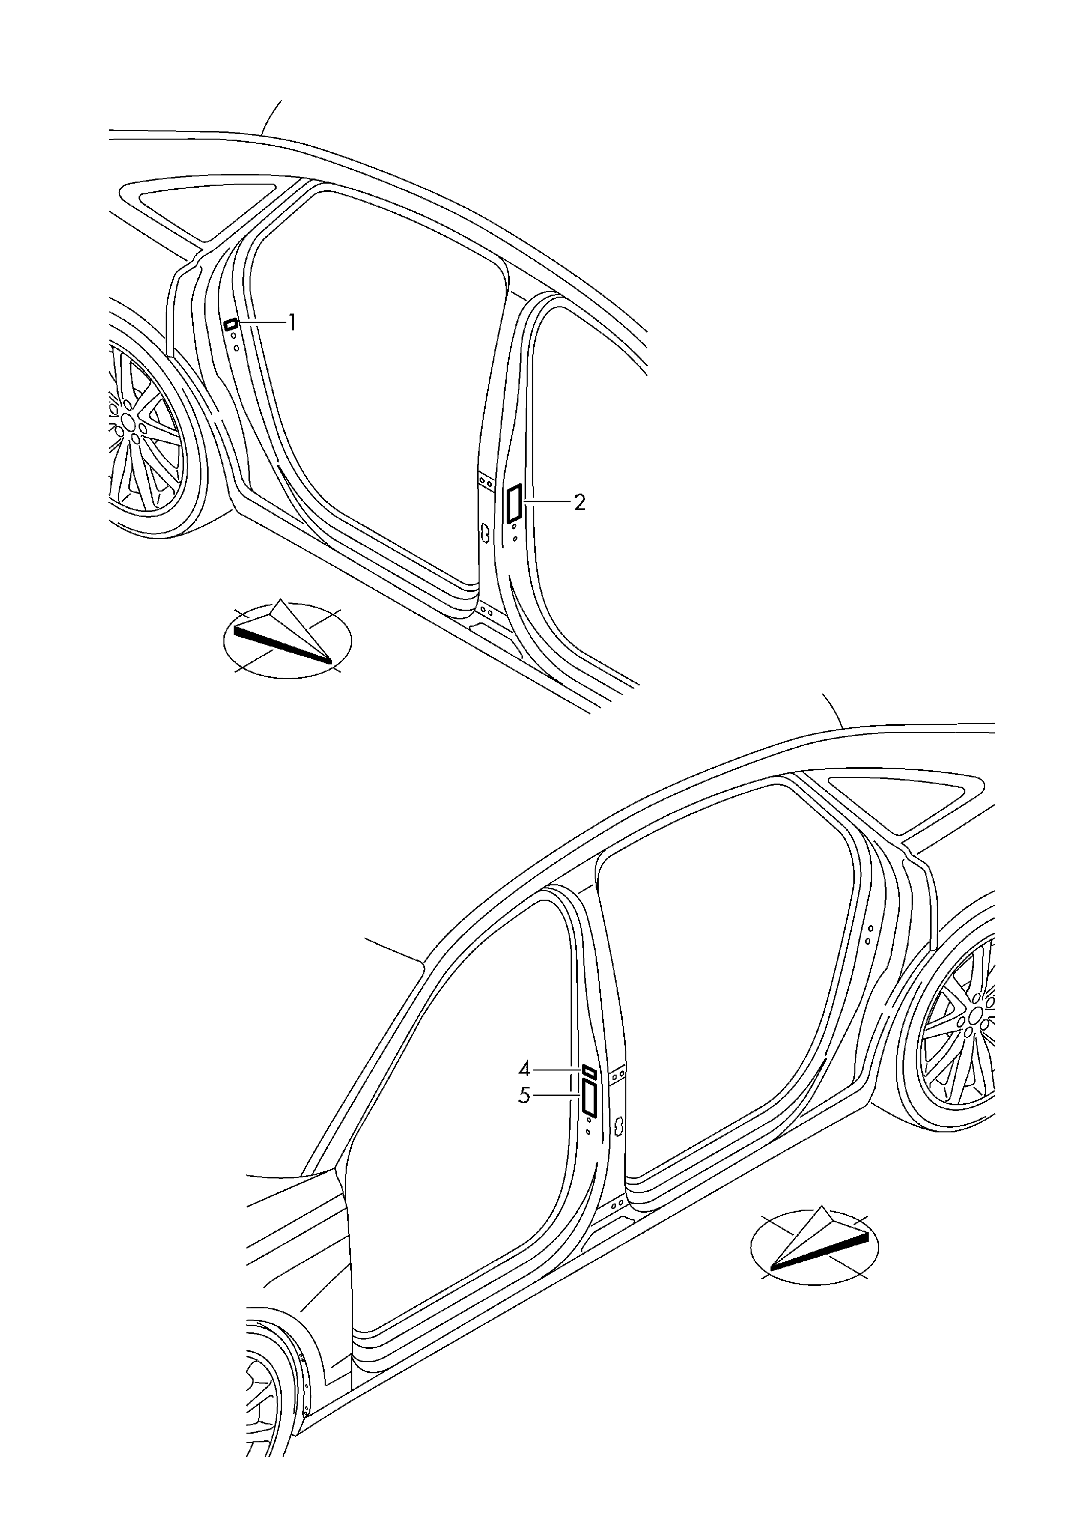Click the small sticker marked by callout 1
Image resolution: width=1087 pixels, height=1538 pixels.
coord(231,324)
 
